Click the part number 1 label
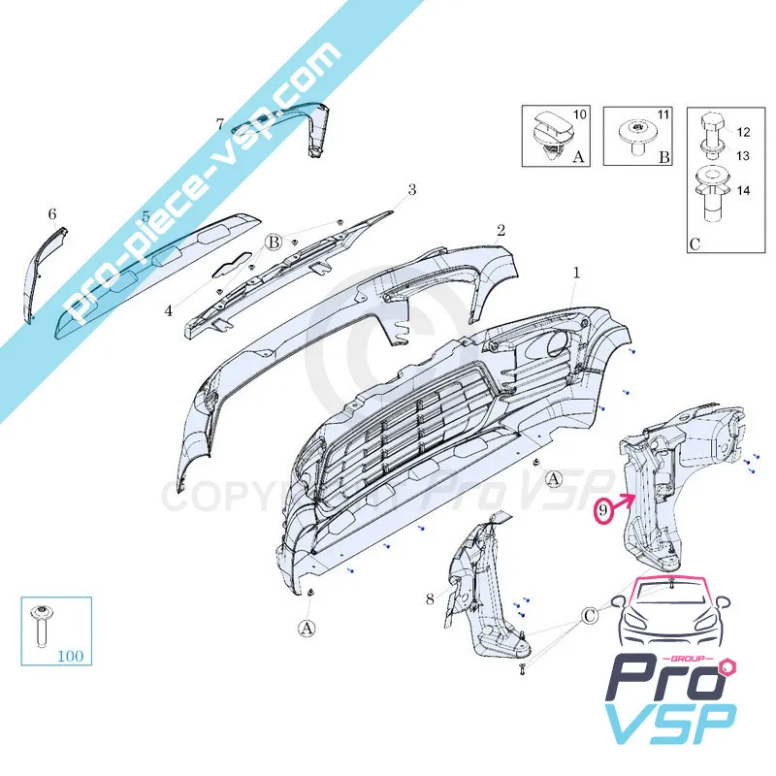pos(575,274)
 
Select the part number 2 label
pos(501,231)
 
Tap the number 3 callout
pos(411,189)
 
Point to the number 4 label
pos(168,311)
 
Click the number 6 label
pos(52,213)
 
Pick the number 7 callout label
pos(220,124)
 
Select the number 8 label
pos(430,599)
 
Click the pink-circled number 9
pos(604,508)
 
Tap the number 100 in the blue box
pos(70,656)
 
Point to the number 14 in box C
pos(743,191)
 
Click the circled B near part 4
pos(275,242)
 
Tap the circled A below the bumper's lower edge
pos(307,629)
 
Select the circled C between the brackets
pos(591,616)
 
